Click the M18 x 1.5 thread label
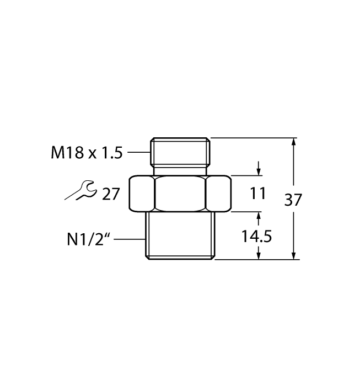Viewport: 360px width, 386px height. (x=87, y=152)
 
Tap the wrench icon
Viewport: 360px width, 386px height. (x=80, y=190)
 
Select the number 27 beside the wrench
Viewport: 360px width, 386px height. (x=111, y=194)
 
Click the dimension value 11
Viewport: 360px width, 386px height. (x=257, y=193)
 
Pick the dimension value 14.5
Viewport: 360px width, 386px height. (x=256, y=237)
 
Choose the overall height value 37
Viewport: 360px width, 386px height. (x=293, y=200)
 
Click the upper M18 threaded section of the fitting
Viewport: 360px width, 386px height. (x=180, y=152)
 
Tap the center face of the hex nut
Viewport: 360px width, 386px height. (x=181, y=194)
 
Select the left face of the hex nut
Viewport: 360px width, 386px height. (x=142, y=194)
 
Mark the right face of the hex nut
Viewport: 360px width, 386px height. (x=218, y=194)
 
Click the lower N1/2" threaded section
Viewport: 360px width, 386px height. (x=180, y=235)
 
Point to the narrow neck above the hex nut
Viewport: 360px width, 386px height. (x=180, y=170)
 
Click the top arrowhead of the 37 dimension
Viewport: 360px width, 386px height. (x=293, y=142)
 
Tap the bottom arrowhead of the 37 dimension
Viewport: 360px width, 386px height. (x=293, y=255)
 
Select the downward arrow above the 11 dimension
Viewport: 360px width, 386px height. (x=259, y=169)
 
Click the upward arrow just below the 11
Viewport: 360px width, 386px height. (x=259, y=218)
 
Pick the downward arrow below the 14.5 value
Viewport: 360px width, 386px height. (x=259, y=253)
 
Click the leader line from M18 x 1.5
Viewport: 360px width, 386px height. (x=139, y=152)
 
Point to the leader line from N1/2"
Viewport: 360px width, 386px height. (x=130, y=239)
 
